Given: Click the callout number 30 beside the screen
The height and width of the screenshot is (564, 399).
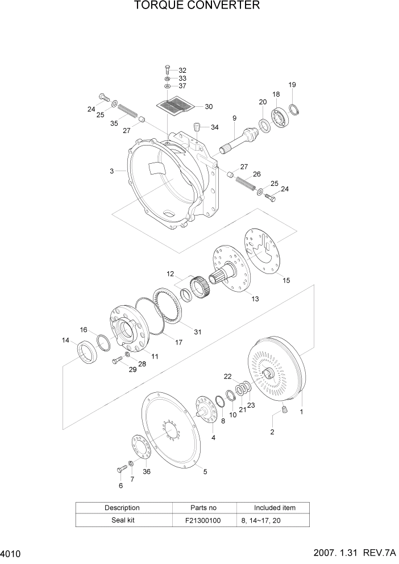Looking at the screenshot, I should click(x=208, y=106).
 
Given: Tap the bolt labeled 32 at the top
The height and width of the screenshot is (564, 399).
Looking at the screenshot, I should click(x=167, y=69).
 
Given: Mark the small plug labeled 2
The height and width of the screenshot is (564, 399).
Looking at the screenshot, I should click(x=285, y=408).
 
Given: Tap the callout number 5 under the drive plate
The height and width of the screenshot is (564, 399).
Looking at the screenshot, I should click(x=205, y=471).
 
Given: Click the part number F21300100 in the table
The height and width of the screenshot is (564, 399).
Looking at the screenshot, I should click(x=202, y=519).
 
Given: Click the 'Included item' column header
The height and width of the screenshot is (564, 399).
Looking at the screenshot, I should click(x=274, y=507).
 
